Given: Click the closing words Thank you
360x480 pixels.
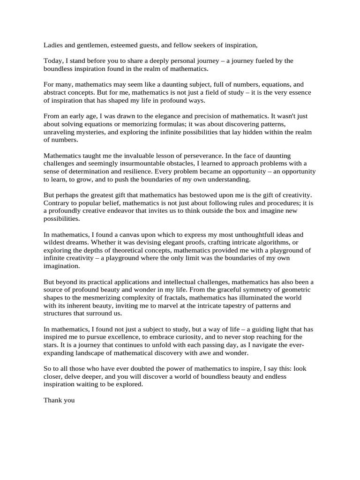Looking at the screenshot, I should click(59, 400).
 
